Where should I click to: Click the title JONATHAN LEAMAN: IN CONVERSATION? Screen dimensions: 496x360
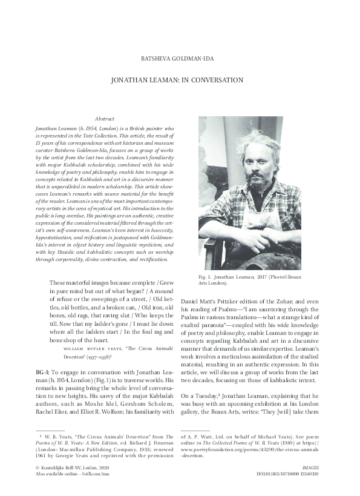[177, 80]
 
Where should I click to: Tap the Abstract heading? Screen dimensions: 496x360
[105, 119]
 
